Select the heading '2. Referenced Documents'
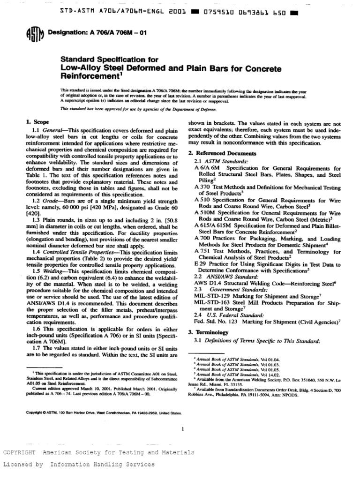coord(216,153)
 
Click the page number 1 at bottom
coord(183,428)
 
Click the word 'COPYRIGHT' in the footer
coord(19,452)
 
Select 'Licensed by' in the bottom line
coord(23,464)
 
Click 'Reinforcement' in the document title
coord(88,75)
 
